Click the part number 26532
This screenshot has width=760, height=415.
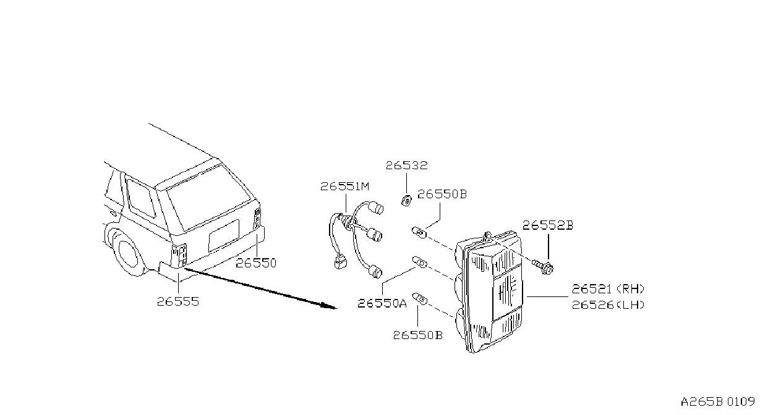[x=406, y=166]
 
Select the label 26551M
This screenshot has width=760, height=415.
[x=344, y=187]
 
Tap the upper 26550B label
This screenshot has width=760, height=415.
[x=442, y=194]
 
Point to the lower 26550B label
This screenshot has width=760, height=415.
[x=418, y=335]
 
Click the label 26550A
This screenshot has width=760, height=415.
[x=382, y=303]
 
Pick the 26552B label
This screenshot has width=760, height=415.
[x=548, y=225]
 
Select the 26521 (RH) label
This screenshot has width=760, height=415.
[x=608, y=289]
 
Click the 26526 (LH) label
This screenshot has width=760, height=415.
[x=608, y=305]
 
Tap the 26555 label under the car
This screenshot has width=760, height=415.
[x=177, y=301]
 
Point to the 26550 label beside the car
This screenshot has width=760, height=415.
[x=256, y=263]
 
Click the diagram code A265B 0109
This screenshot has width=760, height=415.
[x=718, y=402]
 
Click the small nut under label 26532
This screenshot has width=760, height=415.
[x=406, y=201]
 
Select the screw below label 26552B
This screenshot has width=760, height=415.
[x=543, y=266]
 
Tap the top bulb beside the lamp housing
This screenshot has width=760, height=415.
[x=419, y=233]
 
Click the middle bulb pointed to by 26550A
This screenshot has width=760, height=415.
[x=419, y=262]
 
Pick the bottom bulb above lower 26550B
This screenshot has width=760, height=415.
[x=419, y=298]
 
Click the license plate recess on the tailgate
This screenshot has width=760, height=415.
[x=224, y=236]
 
